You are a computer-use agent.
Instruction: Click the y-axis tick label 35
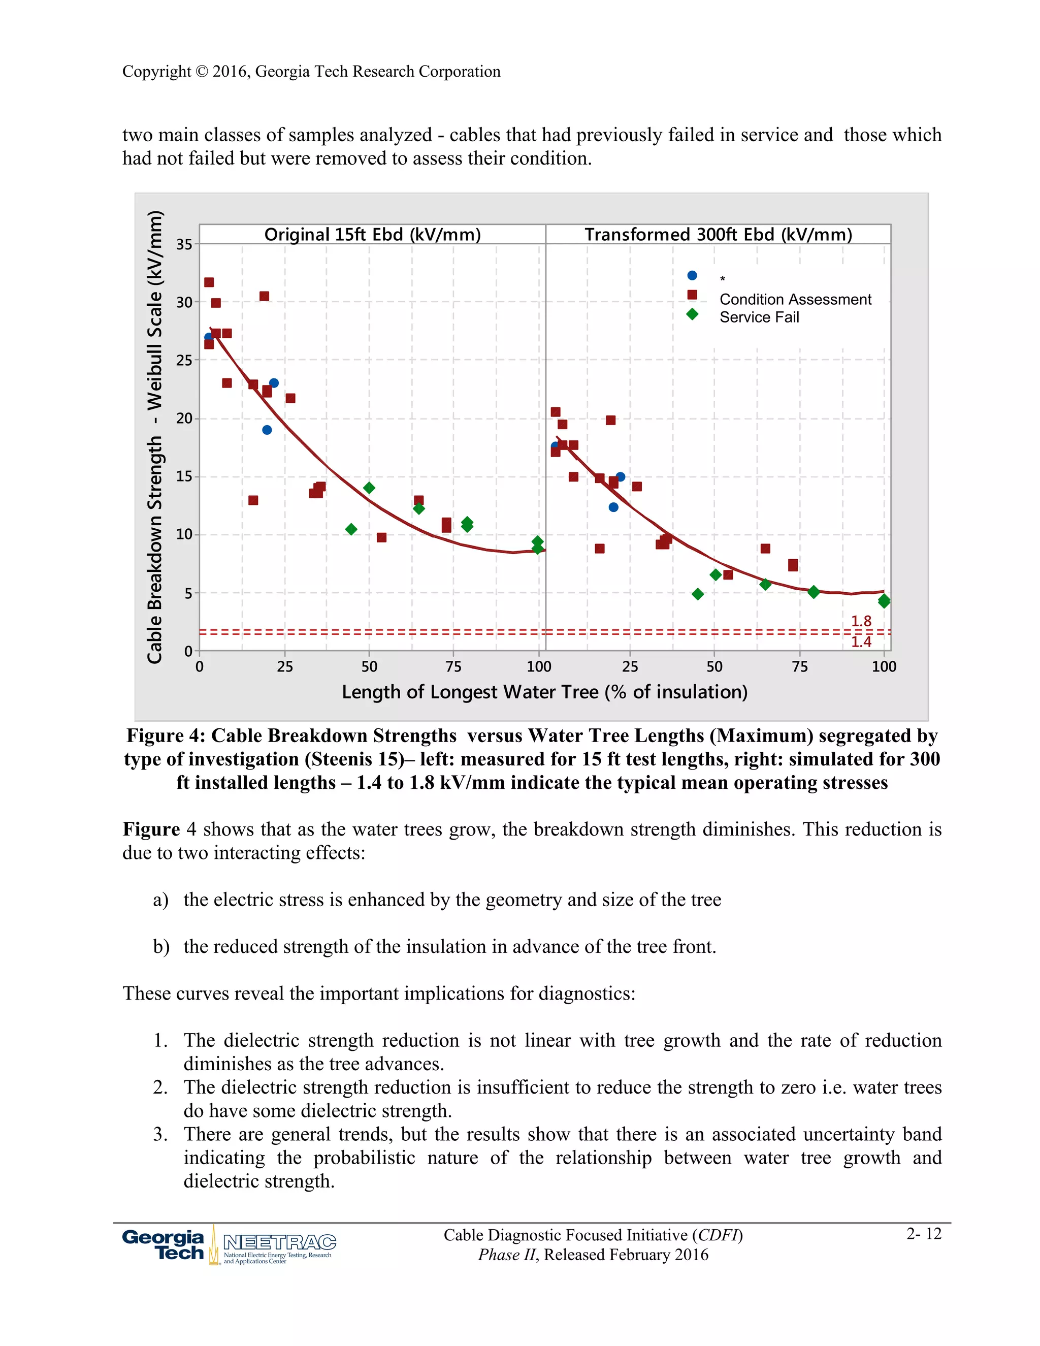tap(184, 245)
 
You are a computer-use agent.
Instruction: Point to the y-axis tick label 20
tap(184, 419)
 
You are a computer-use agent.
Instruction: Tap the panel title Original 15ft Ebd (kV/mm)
tap(372, 235)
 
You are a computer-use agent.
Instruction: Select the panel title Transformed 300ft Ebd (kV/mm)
tap(718, 235)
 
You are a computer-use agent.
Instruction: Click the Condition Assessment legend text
tap(795, 300)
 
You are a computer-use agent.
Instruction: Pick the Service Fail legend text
tap(759, 317)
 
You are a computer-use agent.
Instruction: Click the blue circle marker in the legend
tap(692, 275)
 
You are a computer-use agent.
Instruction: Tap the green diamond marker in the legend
tap(692, 314)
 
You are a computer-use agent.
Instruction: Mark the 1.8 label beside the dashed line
tap(861, 621)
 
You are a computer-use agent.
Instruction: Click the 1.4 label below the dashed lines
tap(861, 642)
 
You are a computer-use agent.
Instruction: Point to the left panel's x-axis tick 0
tap(200, 667)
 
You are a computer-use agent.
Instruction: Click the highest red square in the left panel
tap(209, 282)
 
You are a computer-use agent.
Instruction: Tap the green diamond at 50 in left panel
tap(369, 488)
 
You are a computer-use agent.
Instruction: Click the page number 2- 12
tap(924, 1234)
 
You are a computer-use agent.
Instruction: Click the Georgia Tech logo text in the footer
tap(164, 1245)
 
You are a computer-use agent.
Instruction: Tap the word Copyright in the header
tap(156, 72)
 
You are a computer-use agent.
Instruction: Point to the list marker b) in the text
tap(161, 947)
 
